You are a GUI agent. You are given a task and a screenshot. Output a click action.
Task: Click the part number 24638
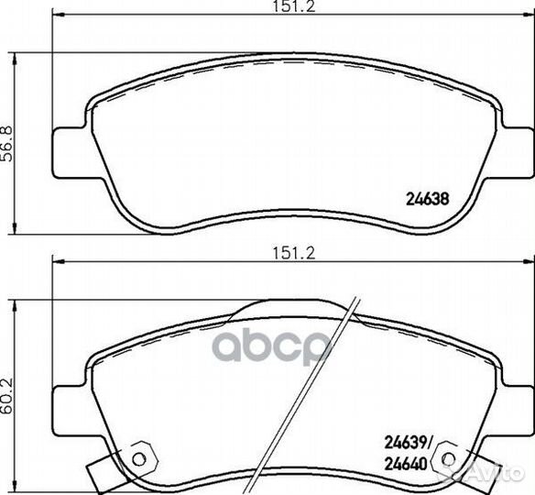427,199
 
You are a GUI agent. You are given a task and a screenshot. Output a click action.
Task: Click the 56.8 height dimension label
7,144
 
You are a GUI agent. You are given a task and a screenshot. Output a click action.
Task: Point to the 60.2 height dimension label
7,396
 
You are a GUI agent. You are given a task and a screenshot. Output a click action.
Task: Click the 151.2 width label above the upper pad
293,5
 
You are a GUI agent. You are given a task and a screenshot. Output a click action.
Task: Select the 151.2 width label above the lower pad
293,253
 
